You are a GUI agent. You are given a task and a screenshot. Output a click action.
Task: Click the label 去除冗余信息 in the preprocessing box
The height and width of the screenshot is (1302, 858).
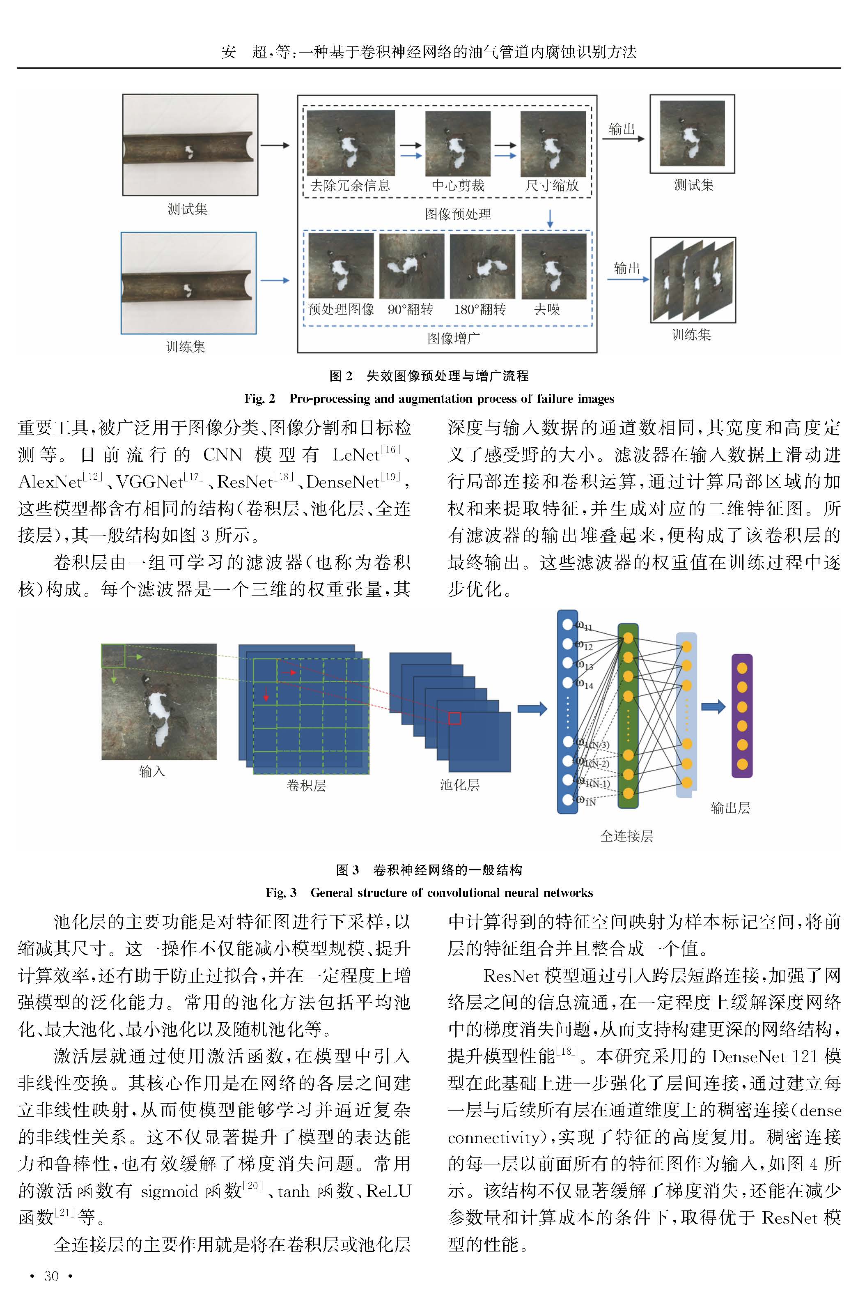[350, 186]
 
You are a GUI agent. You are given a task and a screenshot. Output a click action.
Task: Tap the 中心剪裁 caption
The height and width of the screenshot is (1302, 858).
[458, 186]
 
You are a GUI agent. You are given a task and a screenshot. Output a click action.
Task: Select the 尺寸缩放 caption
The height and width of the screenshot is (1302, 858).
[552, 186]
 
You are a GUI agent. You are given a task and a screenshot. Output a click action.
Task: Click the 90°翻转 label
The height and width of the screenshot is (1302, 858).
[411, 310]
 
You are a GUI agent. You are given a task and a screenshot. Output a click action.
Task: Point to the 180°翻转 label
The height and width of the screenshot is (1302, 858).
[480, 310]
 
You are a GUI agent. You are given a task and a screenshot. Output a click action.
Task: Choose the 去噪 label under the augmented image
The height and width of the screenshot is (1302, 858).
[547, 310]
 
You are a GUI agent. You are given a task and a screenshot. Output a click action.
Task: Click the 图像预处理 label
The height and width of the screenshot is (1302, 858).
[458, 214]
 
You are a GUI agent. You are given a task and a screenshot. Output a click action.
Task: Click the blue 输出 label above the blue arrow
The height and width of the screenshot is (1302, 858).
[626, 268]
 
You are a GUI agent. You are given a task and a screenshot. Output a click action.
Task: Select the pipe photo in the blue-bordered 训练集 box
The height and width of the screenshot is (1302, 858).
[188, 283]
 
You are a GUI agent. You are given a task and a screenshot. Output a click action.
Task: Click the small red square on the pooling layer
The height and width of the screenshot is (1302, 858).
[455, 718]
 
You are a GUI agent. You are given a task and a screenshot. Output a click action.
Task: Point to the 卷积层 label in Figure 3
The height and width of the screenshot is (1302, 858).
[306, 786]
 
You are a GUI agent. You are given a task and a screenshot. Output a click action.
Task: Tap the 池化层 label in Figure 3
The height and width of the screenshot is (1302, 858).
[460, 785]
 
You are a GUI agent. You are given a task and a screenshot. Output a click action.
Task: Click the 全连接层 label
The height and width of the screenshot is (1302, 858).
[626, 836]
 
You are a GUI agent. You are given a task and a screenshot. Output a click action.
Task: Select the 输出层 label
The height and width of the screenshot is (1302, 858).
[730, 808]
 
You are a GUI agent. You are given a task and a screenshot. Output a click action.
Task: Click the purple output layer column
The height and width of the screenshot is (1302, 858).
[742, 716]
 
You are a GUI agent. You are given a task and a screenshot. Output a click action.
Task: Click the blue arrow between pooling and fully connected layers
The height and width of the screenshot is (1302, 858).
[532, 709]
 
